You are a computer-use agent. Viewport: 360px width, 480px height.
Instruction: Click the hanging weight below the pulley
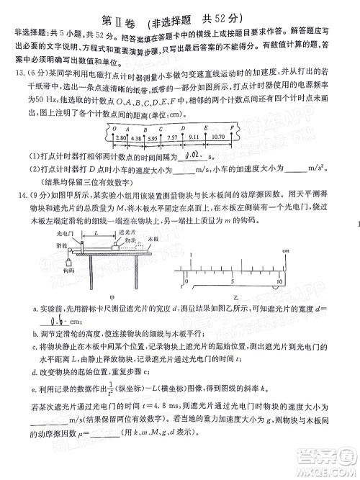coord(69,261)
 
